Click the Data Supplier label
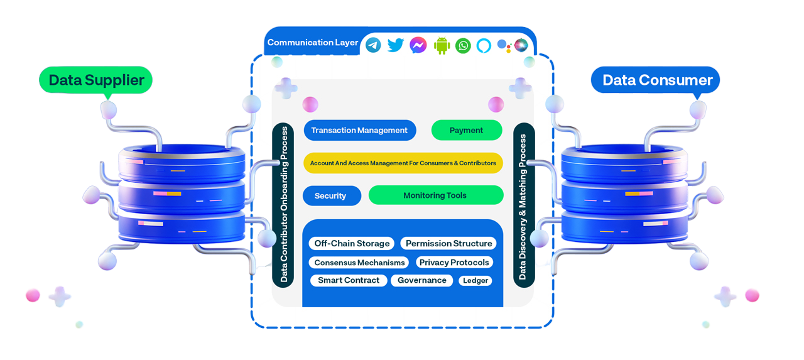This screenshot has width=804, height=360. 96,80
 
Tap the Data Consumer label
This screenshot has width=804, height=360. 657,80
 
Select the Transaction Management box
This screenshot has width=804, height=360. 359,130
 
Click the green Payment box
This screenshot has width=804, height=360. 466,130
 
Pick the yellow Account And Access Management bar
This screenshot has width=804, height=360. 403,163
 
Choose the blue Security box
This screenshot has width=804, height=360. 331,195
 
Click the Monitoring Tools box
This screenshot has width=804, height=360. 435,195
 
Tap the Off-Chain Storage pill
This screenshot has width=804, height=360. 352,243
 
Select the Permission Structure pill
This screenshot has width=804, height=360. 449,243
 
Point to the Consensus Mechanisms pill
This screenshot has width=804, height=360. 359,262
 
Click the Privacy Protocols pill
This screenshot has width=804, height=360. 454,262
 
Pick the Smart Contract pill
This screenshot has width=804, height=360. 349,280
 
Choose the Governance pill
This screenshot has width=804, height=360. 422,280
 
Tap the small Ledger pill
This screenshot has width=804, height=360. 475,281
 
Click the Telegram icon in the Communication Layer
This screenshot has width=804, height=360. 373,45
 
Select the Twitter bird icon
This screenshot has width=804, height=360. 395,45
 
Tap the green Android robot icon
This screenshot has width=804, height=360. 442,45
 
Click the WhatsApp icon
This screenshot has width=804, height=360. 463,45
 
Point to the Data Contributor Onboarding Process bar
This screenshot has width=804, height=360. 284,205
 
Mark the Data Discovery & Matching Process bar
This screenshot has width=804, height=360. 523,205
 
